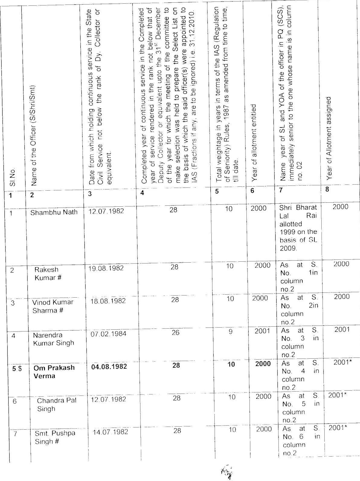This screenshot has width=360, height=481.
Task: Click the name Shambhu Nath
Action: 54,212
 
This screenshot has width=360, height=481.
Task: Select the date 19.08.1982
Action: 106,268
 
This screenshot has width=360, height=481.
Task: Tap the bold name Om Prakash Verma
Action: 54,372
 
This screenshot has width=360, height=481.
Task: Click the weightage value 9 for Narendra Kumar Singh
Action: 230,332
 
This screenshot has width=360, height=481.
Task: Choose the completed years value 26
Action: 175,333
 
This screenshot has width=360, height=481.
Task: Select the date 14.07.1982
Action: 110,432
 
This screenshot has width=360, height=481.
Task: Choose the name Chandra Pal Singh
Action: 56,405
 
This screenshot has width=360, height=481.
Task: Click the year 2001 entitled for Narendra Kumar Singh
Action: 262,331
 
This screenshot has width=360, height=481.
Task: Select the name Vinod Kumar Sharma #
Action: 53,306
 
